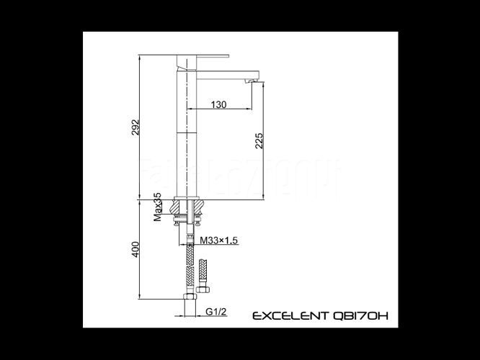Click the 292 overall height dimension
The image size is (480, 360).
coord(135,127)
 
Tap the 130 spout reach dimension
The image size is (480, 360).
coord(219,104)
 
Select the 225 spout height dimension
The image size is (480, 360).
coord(259,140)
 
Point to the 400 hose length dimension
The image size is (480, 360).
coord(135,249)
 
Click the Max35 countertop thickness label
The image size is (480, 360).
coord(157,207)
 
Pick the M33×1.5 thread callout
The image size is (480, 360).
coord(219,240)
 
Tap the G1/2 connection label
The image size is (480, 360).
coord(216,312)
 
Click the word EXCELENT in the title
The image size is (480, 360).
coord(290,315)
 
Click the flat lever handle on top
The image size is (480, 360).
coord(203,56)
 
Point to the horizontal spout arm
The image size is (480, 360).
coord(228,76)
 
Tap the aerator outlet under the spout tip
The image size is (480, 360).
coord(250,81)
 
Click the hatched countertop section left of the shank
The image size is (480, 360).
coord(177,207)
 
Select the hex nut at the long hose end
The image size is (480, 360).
coord(190,297)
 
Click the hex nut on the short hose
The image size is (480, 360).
coord(203,289)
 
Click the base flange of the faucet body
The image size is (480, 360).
coord(187,198)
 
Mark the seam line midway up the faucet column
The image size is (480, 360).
coord(187,133)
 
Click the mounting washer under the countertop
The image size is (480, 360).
coord(187,217)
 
